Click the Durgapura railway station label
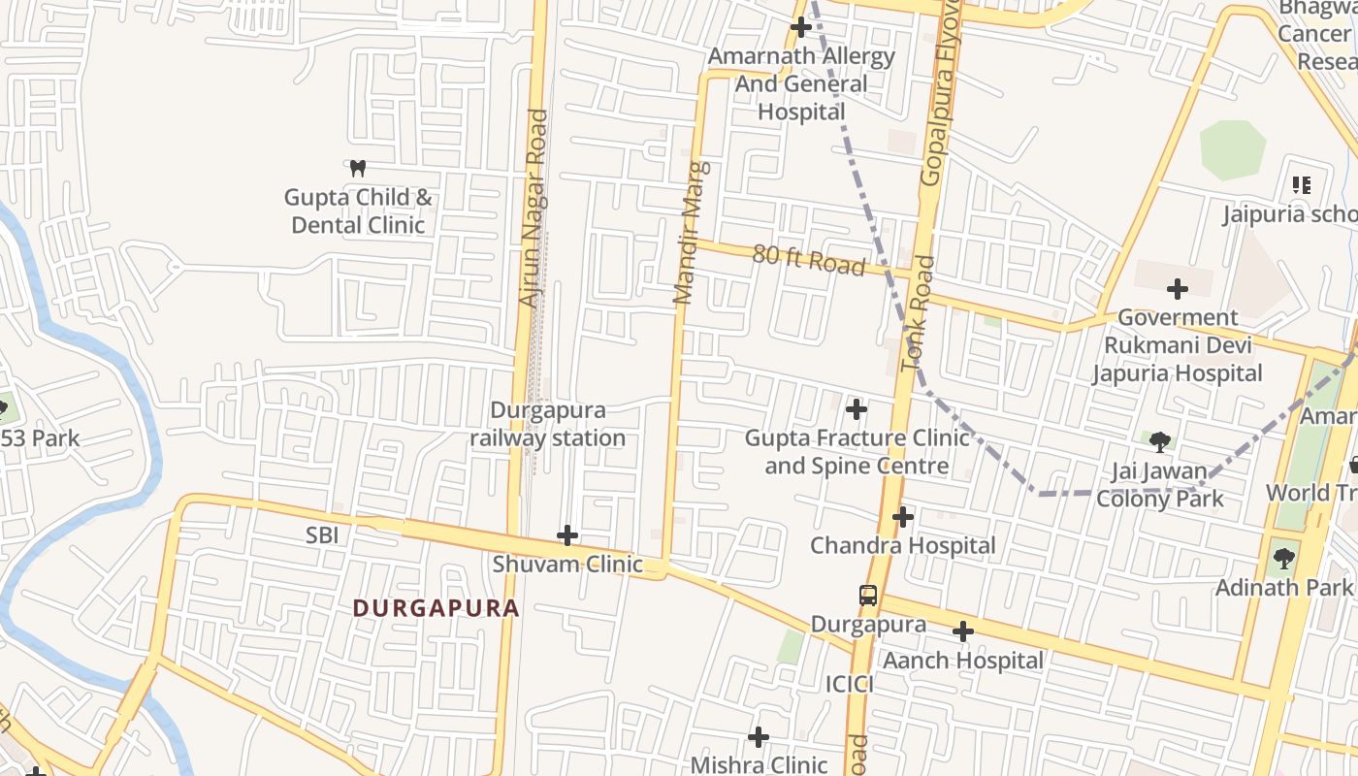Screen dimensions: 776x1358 (547, 424)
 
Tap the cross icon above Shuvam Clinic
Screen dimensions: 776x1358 (567, 534)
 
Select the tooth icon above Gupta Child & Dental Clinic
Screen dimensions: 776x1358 (358, 168)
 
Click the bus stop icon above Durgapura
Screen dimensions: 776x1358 (868, 596)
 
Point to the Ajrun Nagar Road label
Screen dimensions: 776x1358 (534, 209)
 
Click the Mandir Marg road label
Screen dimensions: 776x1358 (692, 233)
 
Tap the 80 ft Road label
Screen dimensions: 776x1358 (808, 260)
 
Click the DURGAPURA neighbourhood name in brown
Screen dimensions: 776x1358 (436, 608)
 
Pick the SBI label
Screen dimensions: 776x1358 (322, 534)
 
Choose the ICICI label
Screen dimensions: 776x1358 (850, 685)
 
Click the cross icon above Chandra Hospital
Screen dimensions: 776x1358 (903, 517)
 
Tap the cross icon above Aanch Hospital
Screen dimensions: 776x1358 (962, 631)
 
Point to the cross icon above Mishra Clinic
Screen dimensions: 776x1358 (759, 737)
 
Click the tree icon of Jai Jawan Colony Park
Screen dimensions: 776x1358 (1159, 442)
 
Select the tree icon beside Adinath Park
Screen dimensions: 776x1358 (1284, 558)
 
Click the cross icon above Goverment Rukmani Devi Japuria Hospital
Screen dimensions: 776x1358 (1178, 288)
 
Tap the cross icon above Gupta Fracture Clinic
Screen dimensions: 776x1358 (857, 409)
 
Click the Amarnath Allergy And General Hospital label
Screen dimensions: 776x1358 (801, 83)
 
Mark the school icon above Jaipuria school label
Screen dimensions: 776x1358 (1302, 184)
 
